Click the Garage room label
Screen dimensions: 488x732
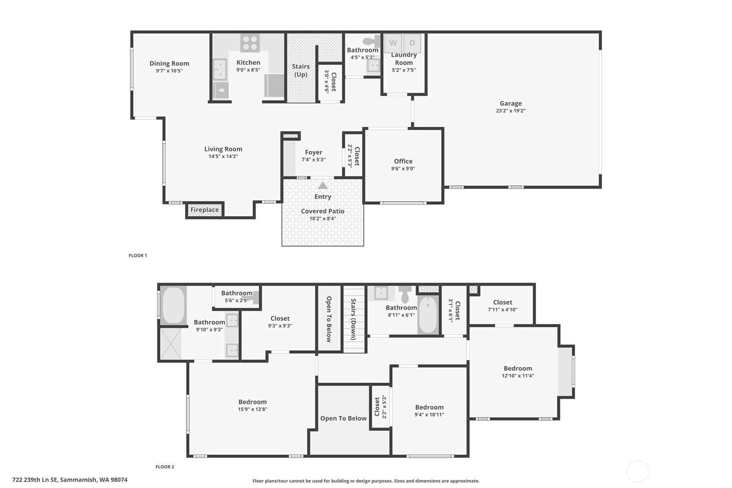click(x=510, y=104)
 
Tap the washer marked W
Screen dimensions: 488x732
click(x=393, y=43)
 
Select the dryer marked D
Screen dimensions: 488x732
click(x=412, y=43)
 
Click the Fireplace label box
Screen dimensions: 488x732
click(x=204, y=210)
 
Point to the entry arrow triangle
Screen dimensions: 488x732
click(x=323, y=186)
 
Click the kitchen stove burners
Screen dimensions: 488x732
click(x=250, y=43)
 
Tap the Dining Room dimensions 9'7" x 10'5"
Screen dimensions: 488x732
click(x=169, y=71)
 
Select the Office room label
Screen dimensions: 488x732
click(x=403, y=161)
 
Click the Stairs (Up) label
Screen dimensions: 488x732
click(x=301, y=70)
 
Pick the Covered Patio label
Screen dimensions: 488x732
click(x=323, y=211)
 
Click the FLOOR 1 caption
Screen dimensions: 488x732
click(x=138, y=255)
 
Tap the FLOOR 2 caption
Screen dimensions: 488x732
click(x=165, y=466)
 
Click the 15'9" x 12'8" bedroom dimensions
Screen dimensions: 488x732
click(x=252, y=409)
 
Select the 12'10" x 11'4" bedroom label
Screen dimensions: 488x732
click(x=518, y=368)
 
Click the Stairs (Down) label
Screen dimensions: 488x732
click(x=353, y=319)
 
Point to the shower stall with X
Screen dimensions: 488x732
click(x=171, y=344)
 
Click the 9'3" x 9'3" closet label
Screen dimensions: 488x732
click(x=280, y=318)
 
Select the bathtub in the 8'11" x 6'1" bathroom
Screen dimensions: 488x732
click(x=428, y=315)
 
